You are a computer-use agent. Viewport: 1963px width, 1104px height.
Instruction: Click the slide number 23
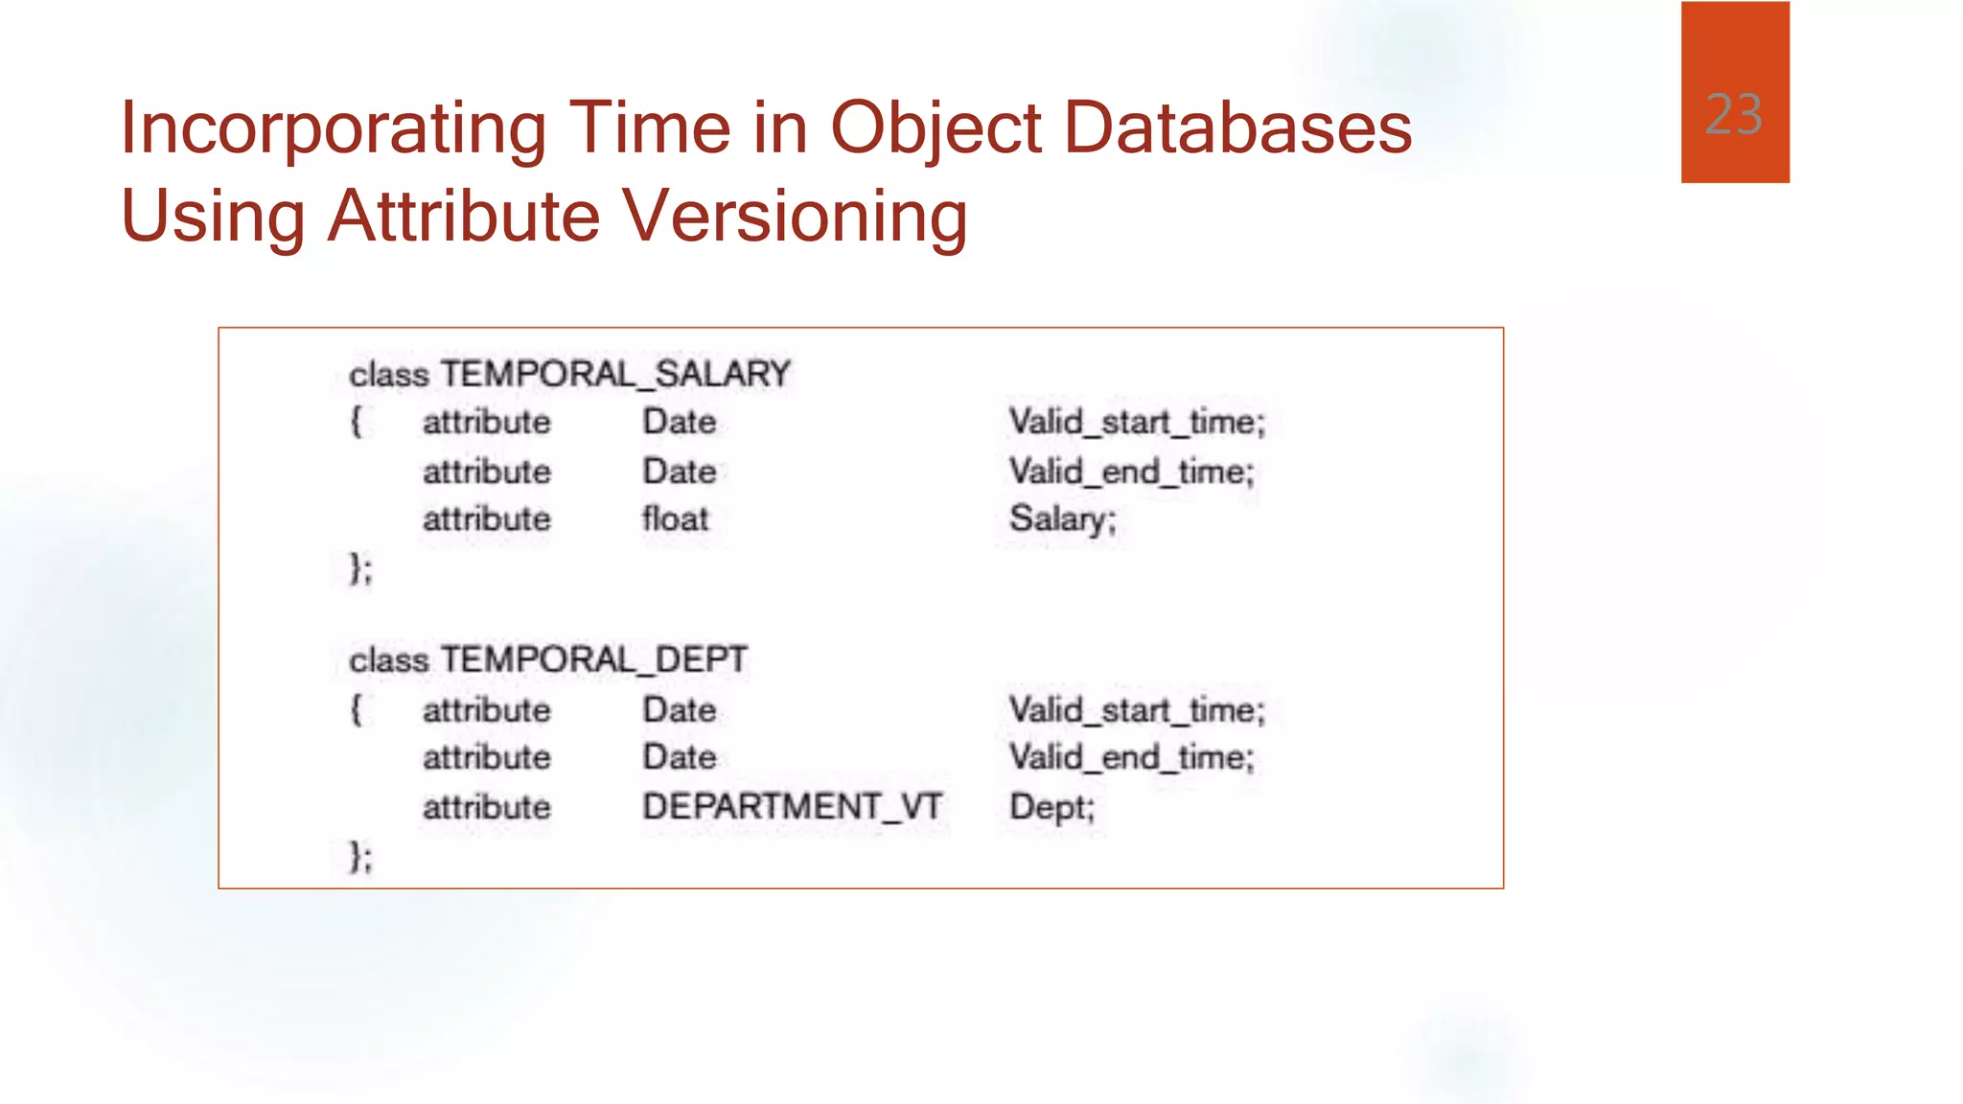[1734, 115]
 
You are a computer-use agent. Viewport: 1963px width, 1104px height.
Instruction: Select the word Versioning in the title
[795, 216]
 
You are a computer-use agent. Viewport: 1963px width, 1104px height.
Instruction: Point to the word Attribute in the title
[464, 216]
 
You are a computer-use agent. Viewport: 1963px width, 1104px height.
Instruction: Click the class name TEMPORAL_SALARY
[615, 374]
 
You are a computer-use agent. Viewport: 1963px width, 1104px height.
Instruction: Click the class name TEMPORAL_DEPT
[594, 659]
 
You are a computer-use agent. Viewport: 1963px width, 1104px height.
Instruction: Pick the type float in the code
[675, 519]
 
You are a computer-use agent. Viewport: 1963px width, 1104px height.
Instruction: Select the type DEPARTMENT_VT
[793, 807]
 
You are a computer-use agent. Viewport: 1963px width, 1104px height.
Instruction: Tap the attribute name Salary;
[1062, 519]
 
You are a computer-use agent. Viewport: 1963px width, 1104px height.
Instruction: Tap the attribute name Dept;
[1051, 807]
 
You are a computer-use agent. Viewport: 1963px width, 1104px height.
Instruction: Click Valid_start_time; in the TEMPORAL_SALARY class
[1137, 422]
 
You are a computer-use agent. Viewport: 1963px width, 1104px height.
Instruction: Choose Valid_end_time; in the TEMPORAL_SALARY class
[1131, 471]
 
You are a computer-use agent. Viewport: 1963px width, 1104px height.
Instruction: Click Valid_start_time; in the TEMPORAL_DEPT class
[1137, 710]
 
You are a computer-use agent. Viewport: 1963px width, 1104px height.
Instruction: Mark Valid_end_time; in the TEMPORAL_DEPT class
[1131, 758]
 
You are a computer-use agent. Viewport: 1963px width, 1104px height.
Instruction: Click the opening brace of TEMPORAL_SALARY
[357, 422]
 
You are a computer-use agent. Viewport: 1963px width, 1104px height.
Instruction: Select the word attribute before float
[487, 519]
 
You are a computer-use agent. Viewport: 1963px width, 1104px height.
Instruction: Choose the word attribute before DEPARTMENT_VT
[487, 807]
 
